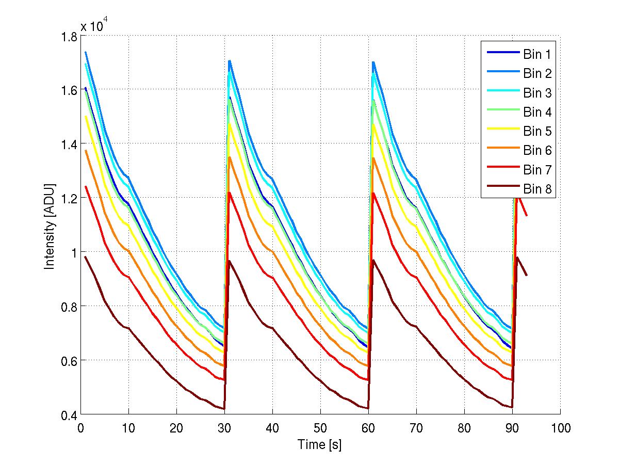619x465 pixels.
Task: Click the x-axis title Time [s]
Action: click(x=320, y=444)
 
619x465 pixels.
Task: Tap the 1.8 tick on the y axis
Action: click(x=68, y=37)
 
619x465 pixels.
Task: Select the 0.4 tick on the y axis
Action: click(x=68, y=414)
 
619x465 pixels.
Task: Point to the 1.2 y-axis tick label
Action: click(x=68, y=199)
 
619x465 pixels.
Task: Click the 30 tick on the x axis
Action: click(x=224, y=428)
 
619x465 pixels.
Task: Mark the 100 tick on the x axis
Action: click(x=560, y=428)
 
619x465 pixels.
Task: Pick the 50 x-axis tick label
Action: click(x=320, y=428)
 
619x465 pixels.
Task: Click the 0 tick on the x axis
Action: click(x=80, y=428)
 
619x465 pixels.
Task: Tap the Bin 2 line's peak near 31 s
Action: click(x=229, y=60)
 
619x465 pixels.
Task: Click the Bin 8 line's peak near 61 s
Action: click(x=373, y=260)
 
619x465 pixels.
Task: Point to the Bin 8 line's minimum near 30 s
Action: click(x=224, y=409)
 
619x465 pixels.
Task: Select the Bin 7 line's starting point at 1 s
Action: click(x=86, y=186)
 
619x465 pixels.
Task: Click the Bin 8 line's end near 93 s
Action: click(x=527, y=275)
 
